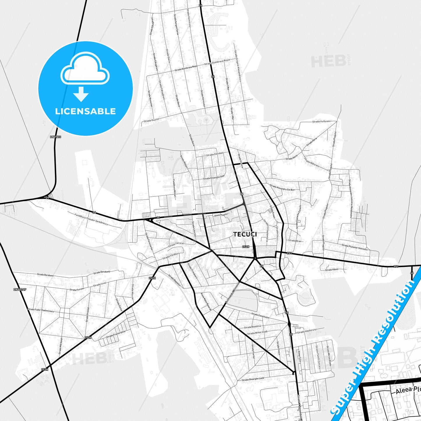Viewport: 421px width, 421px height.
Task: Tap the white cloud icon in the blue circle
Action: coord(85,69)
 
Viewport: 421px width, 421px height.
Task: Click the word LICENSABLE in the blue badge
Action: coord(85,111)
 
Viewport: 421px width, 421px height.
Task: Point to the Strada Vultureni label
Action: coord(321,121)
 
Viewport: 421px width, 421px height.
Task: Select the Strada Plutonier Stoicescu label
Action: coord(355,247)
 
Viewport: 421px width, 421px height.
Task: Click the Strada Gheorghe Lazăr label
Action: coord(253,379)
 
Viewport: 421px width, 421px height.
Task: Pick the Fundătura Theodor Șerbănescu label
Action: coord(91,219)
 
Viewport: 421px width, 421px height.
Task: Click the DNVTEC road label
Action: coord(55,137)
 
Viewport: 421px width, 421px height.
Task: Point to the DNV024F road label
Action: coord(20,290)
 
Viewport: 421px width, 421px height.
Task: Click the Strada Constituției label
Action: coord(260,315)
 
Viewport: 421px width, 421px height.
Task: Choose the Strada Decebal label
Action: coord(215,154)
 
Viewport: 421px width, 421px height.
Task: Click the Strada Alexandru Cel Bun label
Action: coord(282,187)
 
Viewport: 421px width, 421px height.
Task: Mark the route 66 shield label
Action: coord(412,273)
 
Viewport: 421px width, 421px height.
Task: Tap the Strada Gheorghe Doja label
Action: coord(214,177)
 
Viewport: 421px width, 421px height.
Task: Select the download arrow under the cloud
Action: coord(81,94)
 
